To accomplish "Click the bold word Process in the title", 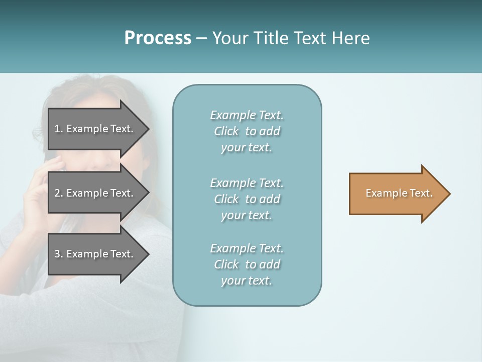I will [158, 38].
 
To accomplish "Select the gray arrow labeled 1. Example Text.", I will [95, 129].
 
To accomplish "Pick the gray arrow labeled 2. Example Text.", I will [95, 193].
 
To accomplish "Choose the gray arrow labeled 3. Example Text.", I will [95, 254].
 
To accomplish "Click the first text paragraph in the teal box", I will [247, 131].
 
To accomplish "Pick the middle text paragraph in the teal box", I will [247, 199].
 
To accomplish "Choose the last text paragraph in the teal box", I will [247, 264].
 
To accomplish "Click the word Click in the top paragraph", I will [226, 131].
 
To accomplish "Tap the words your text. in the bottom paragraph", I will [247, 281].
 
